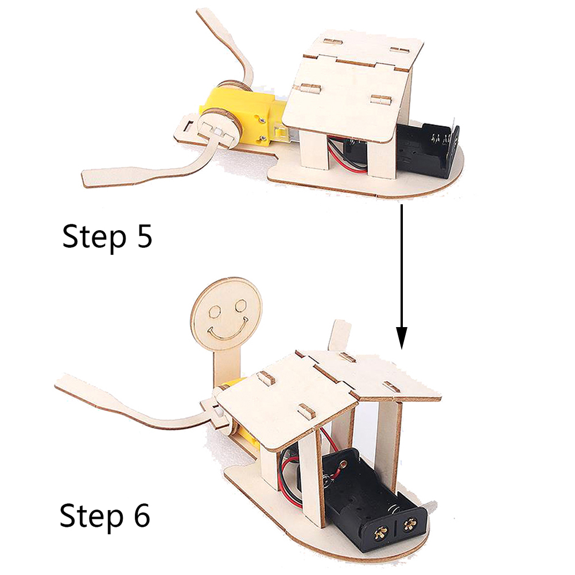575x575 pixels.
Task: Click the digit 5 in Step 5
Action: [x=141, y=236]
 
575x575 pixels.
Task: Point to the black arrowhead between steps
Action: [x=402, y=337]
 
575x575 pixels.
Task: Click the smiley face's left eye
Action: [x=214, y=312]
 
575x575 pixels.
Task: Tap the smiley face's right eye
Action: [x=241, y=305]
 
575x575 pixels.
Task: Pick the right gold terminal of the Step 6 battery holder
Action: [x=409, y=526]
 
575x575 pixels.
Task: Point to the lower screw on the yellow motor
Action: [x=262, y=139]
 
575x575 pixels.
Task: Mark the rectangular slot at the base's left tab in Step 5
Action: [x=188, y=126]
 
